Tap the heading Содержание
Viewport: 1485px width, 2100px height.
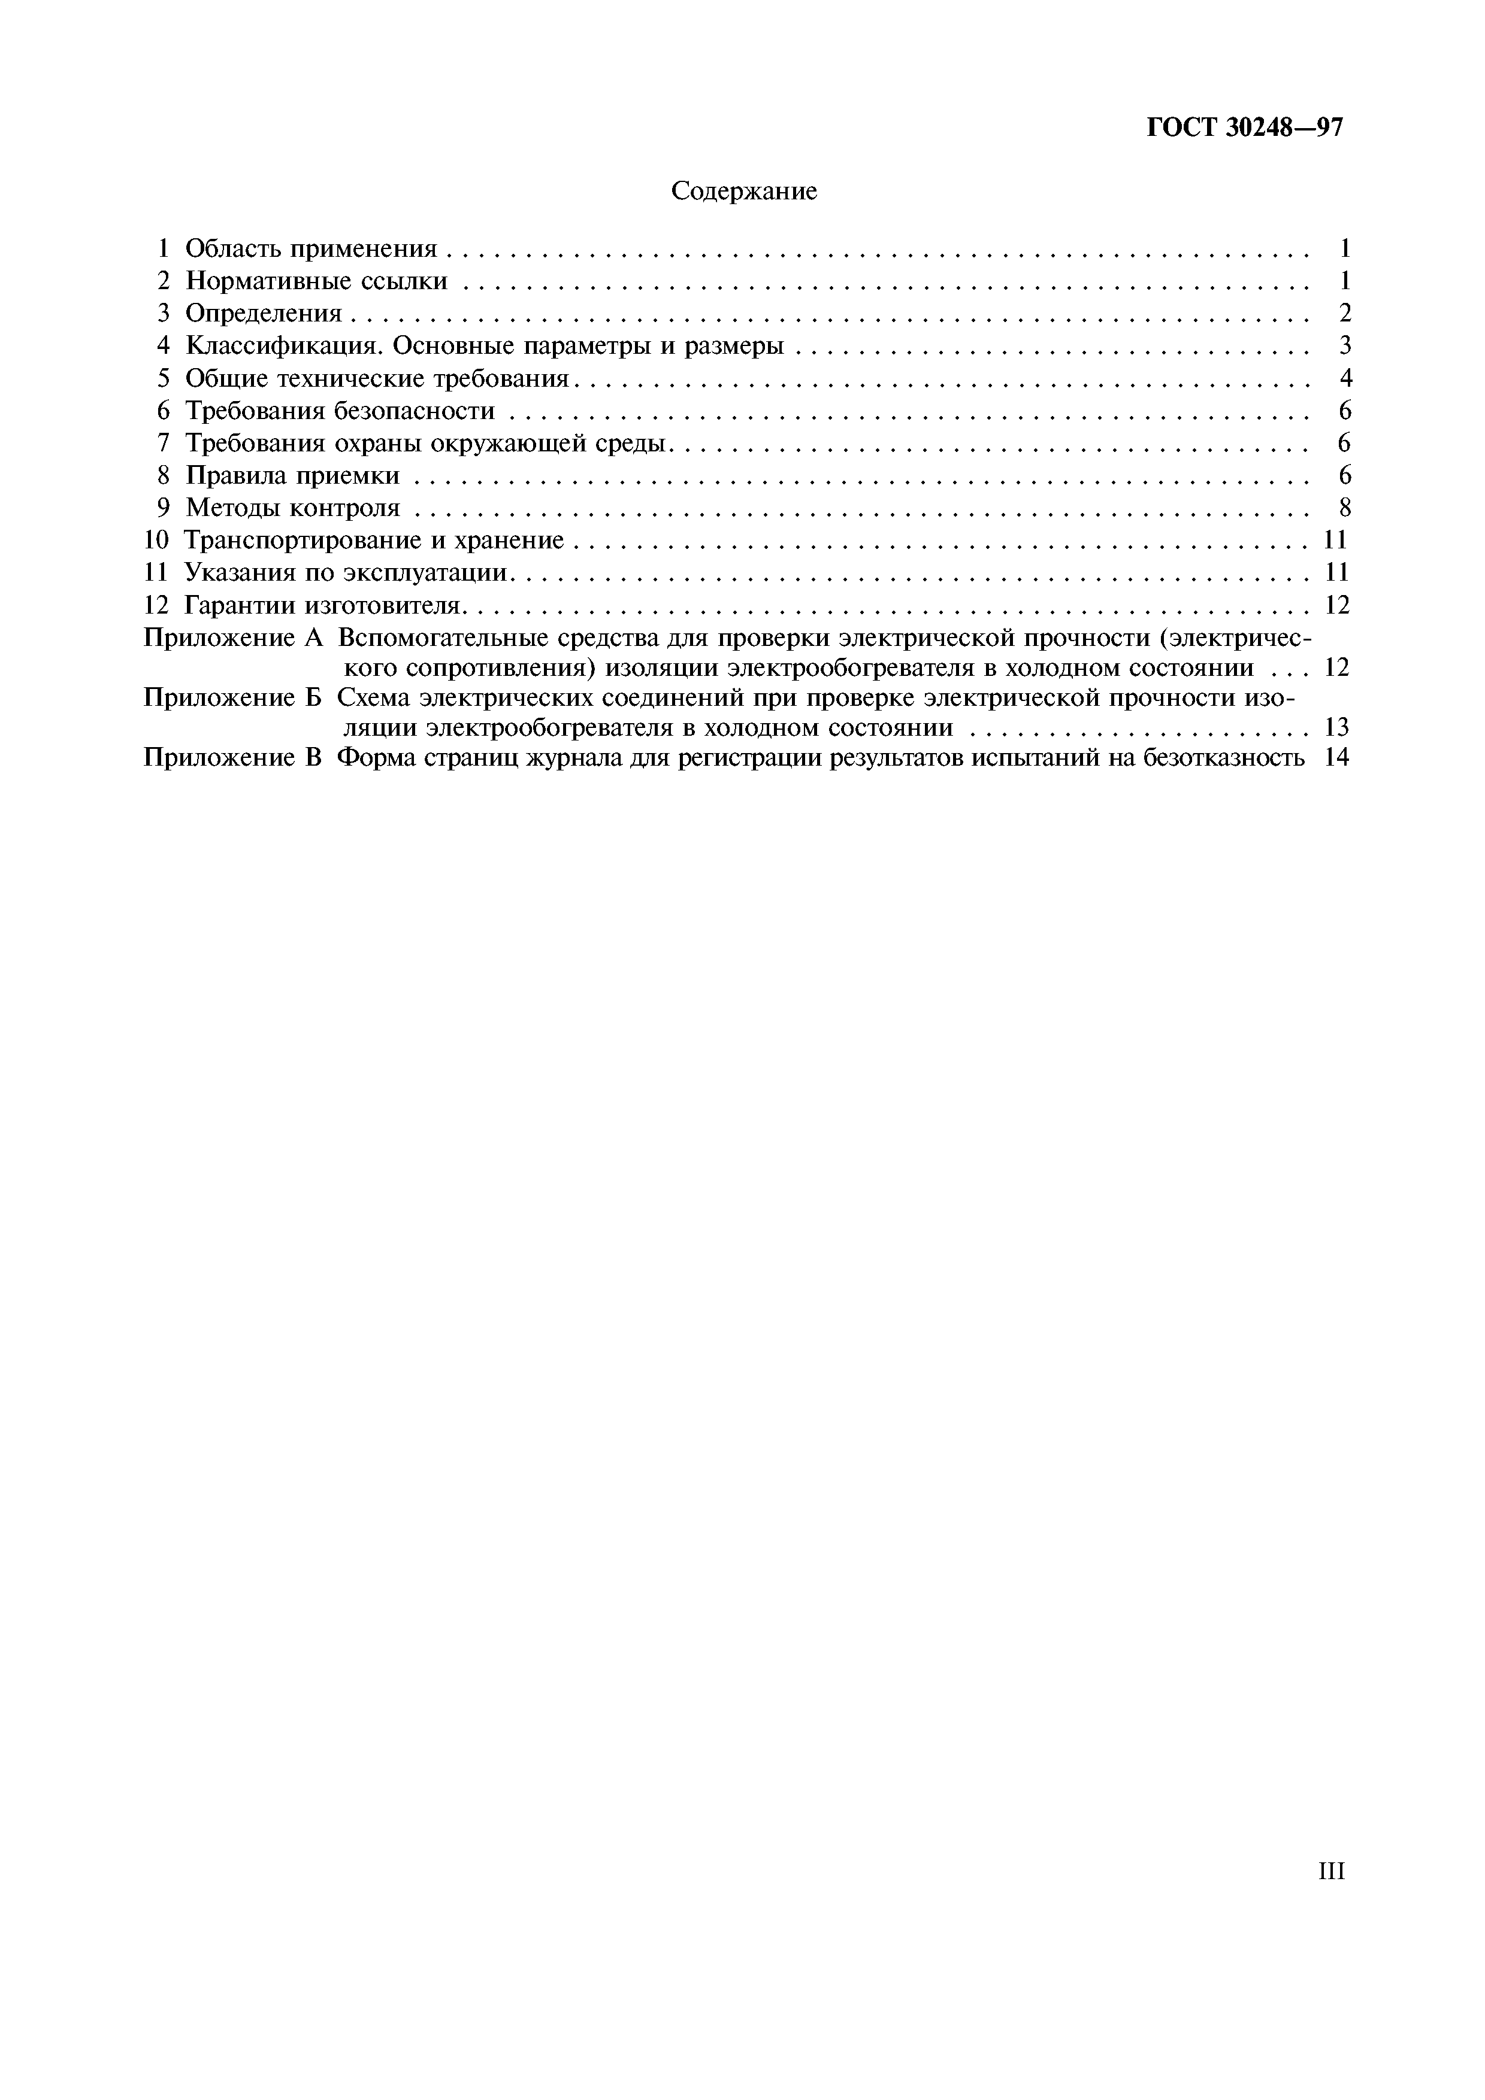pyautogui.click(x=743, y=191)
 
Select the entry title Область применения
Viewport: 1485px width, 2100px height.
pyautogui.click(x=311, y=249)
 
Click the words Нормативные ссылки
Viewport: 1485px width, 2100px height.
pyautogui.click(x=316, y=281)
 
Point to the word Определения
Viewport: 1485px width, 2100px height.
pyautogui.click(x=264, y=314)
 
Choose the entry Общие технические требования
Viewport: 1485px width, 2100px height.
pyautogui.click(x=377, y=379)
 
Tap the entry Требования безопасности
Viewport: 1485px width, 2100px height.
pyautogui.click(x=340, y=411)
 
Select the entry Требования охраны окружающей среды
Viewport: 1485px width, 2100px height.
pyautogui.click(x=429, y=444)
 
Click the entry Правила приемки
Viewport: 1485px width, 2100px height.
pyautogui.click(x=293, y=475)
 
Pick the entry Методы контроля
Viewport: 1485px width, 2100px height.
pyautogui.click(x=293, y=508)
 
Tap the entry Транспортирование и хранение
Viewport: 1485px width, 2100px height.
pyautogui.click(x=373, y=541)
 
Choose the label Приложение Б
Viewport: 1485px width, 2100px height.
pyautogui.click(x=233, y=698)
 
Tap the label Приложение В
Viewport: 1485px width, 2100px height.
pyautogui.click(x=233, y=758)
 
